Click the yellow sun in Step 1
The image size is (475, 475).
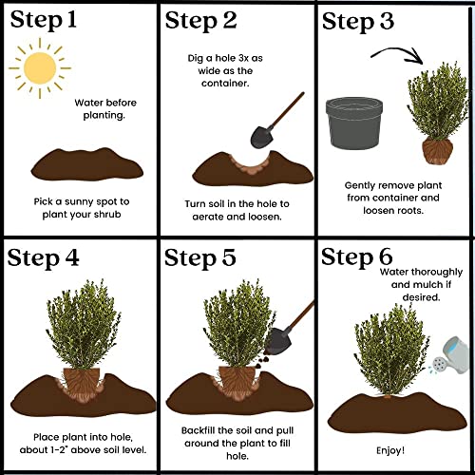click(x=40, y=68)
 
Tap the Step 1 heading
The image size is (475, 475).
click(x=44, y=20)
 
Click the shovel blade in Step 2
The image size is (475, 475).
click(x=262, y=137)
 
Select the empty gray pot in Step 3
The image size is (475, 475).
click(x=354, y=123)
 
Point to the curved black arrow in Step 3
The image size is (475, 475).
click(x=398, y=50)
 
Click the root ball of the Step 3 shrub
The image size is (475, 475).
click(x=437, y=152)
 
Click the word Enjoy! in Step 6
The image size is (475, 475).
click(x=390, y=450)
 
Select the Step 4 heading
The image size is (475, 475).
click(x=43, y=258)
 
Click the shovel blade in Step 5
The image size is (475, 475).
click(x=278, y=341)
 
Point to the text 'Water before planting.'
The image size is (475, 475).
click(x=105, y=109)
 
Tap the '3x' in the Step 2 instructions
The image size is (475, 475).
click(x=243, y=58)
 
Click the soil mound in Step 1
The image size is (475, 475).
click(x=87, y=164)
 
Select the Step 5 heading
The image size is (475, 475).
click(x=200, y=257)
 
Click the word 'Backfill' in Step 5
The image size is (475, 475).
click(x=199, y=430)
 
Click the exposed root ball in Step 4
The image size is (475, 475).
click(x=82, y=384)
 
